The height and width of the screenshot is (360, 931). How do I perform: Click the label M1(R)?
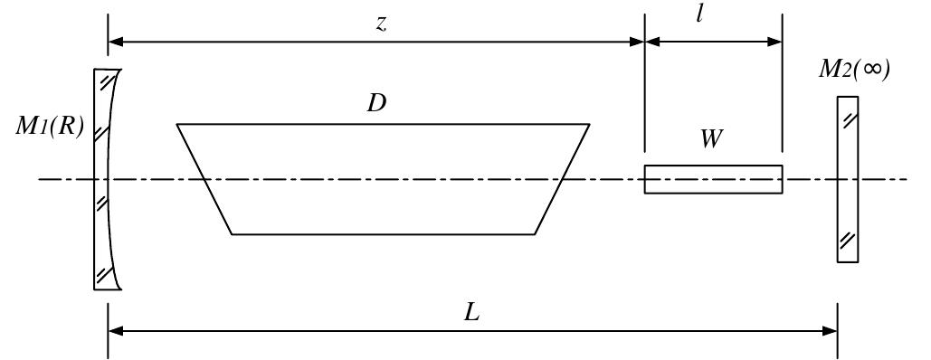(x=49, y=128)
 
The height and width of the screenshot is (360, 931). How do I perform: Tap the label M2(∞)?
(x=854, y=70)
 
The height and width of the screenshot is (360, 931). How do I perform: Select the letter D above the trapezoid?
(x=376, y=103)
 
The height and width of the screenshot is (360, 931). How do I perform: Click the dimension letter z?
(x=382, y=24)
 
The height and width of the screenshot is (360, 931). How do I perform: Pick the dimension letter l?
(x=700, y=16)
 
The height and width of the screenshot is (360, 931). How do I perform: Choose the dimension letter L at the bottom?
(x=471, y=312)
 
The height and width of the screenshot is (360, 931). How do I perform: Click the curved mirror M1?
(x=105, y=179)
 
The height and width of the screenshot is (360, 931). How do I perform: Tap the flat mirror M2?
(x=847, y=179)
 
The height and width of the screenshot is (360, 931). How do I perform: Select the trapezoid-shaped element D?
(x=383, y=179)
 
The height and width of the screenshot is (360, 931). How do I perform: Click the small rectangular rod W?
(x=713, y=179)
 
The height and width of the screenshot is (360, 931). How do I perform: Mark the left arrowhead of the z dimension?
(x=115, y=41)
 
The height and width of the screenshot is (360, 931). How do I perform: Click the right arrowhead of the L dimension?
(x=830, y=331)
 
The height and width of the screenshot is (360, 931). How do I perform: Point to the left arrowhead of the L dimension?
(x=115, y=331)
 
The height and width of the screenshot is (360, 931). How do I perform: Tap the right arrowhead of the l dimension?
(x=774, y=41)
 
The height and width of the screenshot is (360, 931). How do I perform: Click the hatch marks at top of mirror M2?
(x=847, y=117)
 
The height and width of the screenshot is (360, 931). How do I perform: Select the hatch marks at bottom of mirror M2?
(x=847, y=241)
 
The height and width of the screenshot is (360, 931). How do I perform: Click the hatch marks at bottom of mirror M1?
(x=106, y=271)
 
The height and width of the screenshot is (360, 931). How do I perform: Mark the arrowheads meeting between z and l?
(x=644, y=41)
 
